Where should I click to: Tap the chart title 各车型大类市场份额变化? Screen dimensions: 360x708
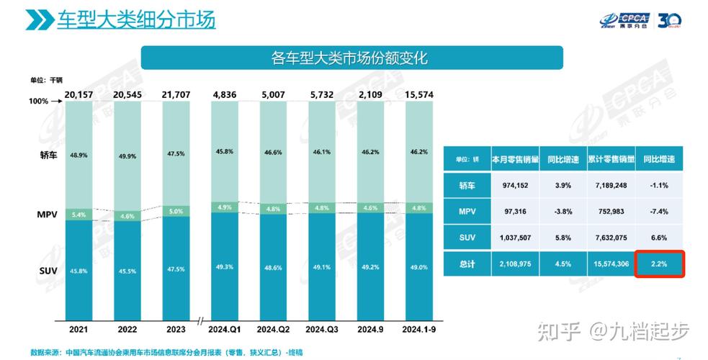tap(351, 58)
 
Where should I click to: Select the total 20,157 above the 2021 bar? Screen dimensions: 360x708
tap(79, 95)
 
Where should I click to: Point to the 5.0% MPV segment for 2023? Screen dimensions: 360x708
tap(176, 212)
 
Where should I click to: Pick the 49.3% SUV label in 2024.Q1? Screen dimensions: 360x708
tap(225, 266)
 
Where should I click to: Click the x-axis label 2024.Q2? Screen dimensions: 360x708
tap(273, 330)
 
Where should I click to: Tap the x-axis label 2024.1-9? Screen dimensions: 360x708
tap(419, 330)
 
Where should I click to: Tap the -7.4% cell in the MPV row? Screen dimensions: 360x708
tap(659, 212)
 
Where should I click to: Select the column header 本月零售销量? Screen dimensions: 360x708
tap(515, 159)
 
